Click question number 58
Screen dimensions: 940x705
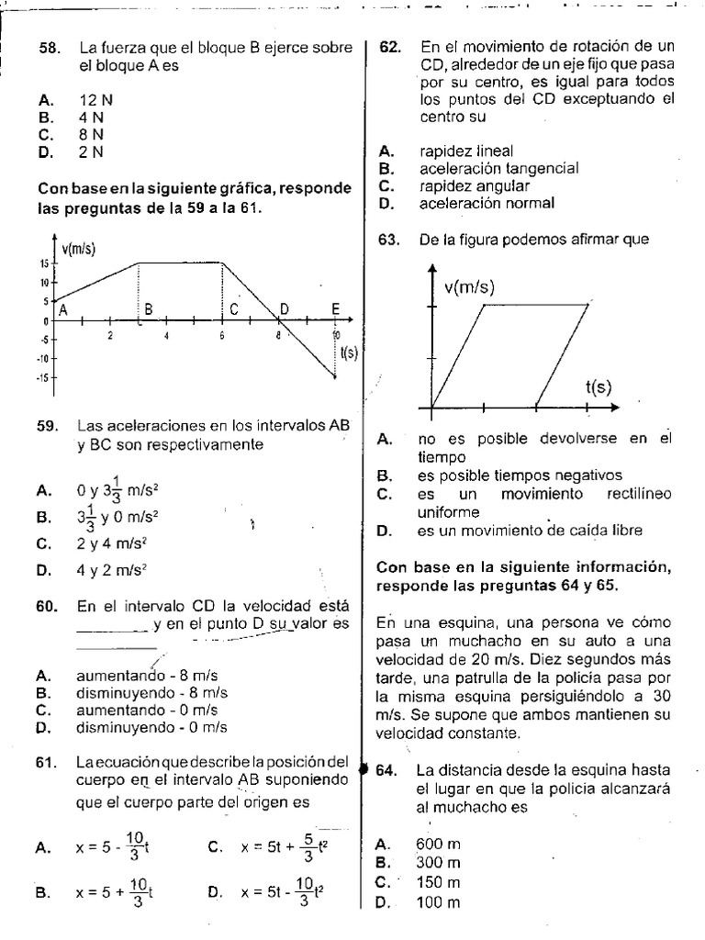click(48, 49)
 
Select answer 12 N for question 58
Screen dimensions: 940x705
click(95, 99)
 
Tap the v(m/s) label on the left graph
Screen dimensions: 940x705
click(80, 249)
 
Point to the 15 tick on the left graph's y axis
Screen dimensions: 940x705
click(42, 263)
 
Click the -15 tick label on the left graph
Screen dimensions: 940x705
click(41, 377)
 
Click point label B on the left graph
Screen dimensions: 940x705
click(148, 310)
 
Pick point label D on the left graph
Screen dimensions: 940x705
click(284, 310)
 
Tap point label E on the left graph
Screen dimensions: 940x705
click(335, 309)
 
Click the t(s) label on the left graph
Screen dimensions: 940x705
click(348, 352)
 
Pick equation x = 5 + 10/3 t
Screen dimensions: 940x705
click(114, 891)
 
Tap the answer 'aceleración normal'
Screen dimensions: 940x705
click(487, 204)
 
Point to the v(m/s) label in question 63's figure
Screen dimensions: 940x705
click(469, 287)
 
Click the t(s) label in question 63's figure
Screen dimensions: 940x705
click(598, 387)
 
